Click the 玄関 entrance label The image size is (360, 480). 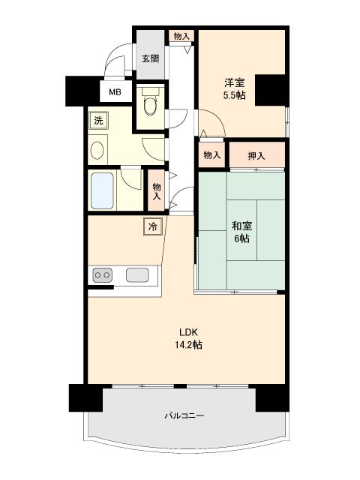150,58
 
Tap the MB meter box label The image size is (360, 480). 115,91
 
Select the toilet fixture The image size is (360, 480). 150,102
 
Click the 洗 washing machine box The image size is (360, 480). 98,121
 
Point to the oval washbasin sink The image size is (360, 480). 97,150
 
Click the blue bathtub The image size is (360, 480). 102,190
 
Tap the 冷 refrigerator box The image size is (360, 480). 153,226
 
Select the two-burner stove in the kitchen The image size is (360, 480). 102,275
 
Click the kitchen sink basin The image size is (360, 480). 137,275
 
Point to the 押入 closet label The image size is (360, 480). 256,156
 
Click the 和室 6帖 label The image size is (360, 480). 241,232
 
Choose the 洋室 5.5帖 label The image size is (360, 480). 235,88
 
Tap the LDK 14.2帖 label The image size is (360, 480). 188,338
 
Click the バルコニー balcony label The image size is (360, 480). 184,415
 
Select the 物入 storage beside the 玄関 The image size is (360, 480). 181,36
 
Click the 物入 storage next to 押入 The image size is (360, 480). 212,155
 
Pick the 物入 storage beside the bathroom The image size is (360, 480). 157,191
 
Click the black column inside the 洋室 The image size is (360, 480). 271,90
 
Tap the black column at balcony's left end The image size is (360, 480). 85,397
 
